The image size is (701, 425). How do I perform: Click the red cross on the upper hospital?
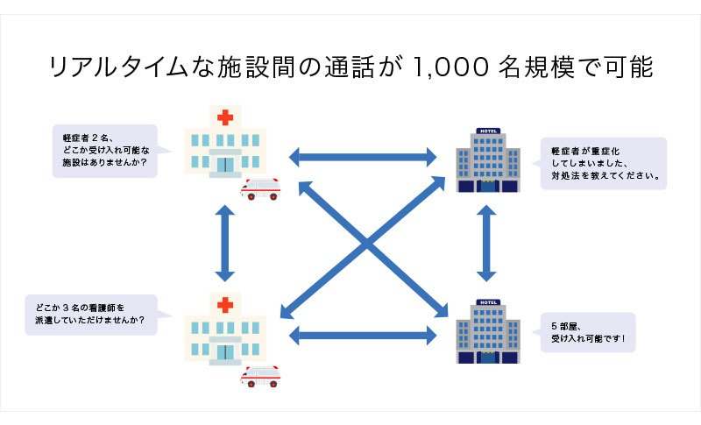coord(227,117)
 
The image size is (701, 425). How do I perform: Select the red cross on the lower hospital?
coord(227,305)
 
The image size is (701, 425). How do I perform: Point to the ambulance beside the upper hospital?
coord(260,188)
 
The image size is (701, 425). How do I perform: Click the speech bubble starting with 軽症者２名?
coord(105,151)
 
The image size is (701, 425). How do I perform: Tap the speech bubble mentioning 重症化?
coord(603,163)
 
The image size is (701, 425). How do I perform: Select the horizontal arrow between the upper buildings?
coord(363,158)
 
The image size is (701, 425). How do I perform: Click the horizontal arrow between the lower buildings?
coord(363,334)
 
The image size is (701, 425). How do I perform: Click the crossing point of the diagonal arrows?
coord(366,246)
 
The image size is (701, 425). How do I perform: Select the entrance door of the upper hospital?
coord(227,164)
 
